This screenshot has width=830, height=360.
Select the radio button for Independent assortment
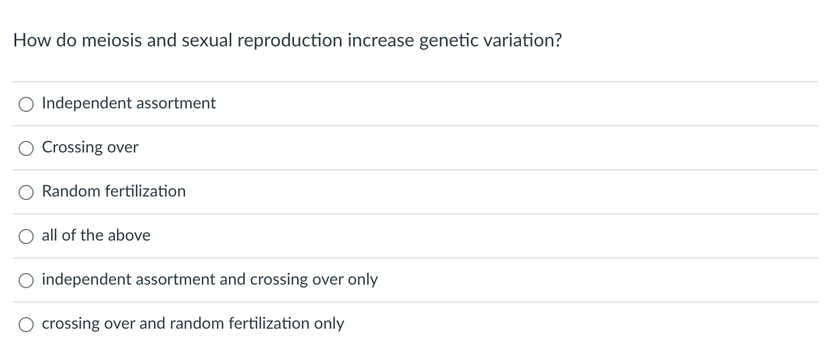[26, 104]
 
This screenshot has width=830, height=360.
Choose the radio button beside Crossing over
[26, 148]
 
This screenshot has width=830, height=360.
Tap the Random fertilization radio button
[26, 192]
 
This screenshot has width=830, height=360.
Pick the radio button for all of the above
[26, 237]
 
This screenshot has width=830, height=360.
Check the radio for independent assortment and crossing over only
[26, 281]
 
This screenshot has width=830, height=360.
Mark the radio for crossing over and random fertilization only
[26, 325]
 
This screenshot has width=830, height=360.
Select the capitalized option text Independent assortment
[129, 103]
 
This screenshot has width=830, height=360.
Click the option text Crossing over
[90, 147]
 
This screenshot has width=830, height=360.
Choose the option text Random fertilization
[114, 191]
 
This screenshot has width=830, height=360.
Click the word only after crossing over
[363, 279]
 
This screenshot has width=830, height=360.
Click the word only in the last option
[329, 323]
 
